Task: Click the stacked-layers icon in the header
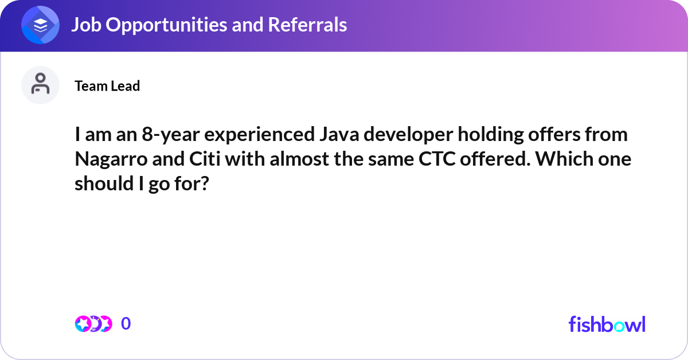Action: (x=40, y=25)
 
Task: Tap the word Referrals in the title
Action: (x=307, y=25)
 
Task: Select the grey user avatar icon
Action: (x=40, y=85)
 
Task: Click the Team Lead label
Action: (x=107, y=85)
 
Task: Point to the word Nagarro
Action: (x=111, y=160)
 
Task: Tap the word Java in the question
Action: (x=339, y=135)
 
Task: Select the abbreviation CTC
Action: (x=437, y=159)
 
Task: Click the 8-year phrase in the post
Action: (x=171, y=135)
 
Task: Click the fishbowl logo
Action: (x=607, y=324)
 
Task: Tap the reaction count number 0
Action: (x=126, y=324)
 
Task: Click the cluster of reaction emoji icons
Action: (x=93, y=324)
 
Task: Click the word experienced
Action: (x=260, y=135)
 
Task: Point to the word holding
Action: (x=491, y=135)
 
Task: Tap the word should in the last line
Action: (x=104, y=183)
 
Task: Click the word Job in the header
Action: (x=87, y=25)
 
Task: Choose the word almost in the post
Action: (x=299, y=159)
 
